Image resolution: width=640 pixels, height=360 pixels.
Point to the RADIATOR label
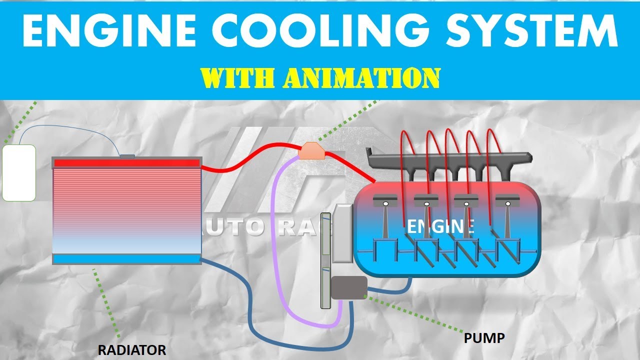(131, 350)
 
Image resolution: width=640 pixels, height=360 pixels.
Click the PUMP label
(484, 338)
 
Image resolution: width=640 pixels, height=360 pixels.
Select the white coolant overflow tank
(19, 173)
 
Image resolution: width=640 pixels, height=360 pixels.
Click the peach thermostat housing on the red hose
(312, 149)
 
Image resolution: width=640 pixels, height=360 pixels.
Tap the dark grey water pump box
(349, 288)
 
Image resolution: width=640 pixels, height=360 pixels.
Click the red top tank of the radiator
(127, 163)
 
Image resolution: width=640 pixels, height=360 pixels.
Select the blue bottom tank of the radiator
(127, 259)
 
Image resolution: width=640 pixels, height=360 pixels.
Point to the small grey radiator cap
(127, 156)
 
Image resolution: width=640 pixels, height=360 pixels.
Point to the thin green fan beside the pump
(326, 260)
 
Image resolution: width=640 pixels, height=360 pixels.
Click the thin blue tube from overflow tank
(70, 127)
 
